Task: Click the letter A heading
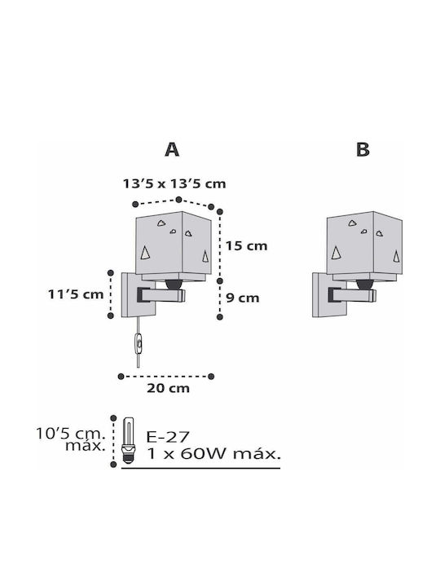pyautogui.click(x=172, y=150)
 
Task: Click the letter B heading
pyautogui.click(x=363, y=150)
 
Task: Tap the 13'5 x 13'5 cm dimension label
pyautogui.click(x=174, y=183)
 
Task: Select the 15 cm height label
pyautogui.click(x=246, y=246)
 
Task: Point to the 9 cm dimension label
pyautogui.click(x=243, y=298)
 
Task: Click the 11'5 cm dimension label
pyautogui.click(x=76, y=294)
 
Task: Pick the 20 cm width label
pyautogui.click(x=168, y=388)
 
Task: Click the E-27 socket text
pyautogui.click(x=168, y=436)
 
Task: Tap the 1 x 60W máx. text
pyautogui.click(x=213, y=454)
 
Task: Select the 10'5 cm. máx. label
pyautogui.click(x=71, y=439)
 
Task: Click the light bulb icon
pyautogui.click(x=128, y=440)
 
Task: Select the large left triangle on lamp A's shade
pyautogui.click(x=145, y=253)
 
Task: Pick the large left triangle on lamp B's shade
pyautogui.click(x=337, y=253)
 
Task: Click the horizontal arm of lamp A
pyautogui.click(x=161, y=295)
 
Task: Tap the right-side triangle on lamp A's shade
pyautogui.click(x=205, y=256)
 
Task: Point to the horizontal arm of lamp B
pyautogui.click(x=352, y=295)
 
